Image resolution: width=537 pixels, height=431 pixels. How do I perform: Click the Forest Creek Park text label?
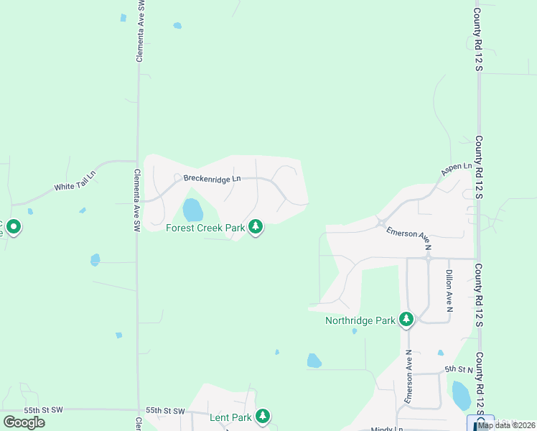coord(205,228)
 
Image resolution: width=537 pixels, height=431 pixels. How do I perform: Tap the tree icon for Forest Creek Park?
coord(256,228)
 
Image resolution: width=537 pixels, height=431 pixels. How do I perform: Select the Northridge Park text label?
coord(360,320)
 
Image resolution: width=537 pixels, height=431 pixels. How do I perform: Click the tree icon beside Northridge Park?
coord(407,319)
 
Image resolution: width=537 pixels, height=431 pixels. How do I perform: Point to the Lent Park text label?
coord(230,417)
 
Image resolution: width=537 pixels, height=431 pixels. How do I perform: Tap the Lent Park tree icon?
coord(263,416)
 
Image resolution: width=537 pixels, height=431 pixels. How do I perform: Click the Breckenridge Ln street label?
coord(212,178)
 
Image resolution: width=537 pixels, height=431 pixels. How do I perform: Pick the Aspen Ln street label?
coord(457,170)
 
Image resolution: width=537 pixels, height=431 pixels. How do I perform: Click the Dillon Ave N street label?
coord(449,290)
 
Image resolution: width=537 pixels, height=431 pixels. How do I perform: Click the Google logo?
coord(24,422)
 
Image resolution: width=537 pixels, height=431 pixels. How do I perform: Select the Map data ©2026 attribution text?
coord(506,425)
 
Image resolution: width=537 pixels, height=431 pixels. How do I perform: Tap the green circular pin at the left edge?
coord(13,228)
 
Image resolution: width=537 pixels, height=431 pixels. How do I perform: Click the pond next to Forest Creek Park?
coord(192,210)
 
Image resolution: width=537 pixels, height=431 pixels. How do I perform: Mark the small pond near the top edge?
coord(177,26)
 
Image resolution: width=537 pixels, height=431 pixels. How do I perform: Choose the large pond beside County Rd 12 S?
coord(462,395)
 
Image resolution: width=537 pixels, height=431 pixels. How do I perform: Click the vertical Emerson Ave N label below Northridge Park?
coord(408,377)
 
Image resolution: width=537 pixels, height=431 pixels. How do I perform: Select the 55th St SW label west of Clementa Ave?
coord(43,409)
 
